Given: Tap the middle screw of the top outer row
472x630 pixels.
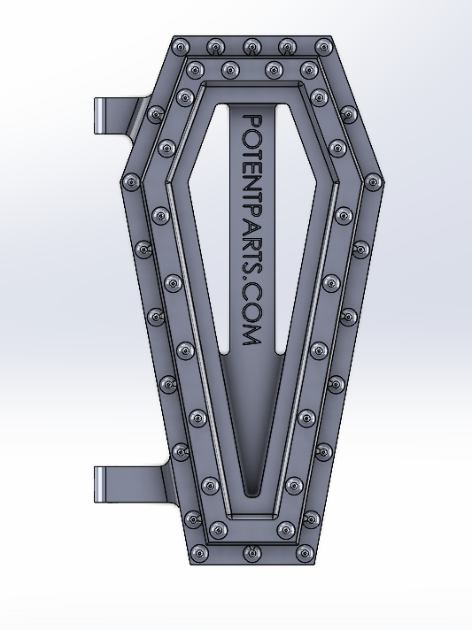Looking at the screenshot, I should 251,45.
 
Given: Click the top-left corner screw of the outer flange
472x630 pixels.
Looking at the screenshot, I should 182,46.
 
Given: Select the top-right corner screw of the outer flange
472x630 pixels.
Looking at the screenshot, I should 321,46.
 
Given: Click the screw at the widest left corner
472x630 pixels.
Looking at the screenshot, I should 131,181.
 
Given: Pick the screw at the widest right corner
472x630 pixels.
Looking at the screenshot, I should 373,181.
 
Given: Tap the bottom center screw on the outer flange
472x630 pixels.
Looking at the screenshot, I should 251,555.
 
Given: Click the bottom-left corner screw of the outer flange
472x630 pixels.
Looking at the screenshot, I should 201,555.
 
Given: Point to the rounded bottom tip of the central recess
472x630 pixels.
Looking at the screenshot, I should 251,489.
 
